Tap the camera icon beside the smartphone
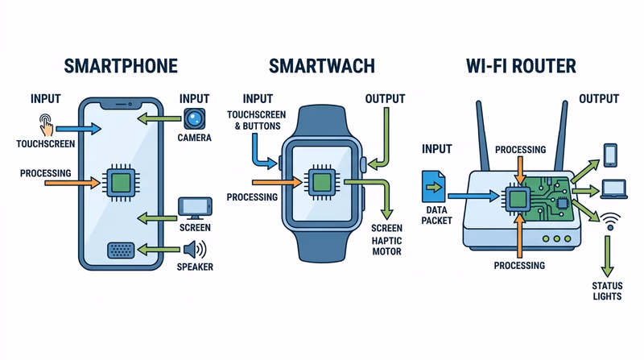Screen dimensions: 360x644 195,119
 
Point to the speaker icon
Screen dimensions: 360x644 196,249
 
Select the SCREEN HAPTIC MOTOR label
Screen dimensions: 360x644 386,239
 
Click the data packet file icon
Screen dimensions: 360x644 433,187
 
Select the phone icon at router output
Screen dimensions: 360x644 610,153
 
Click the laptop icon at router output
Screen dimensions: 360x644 614,189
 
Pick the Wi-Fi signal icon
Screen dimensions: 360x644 611,220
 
